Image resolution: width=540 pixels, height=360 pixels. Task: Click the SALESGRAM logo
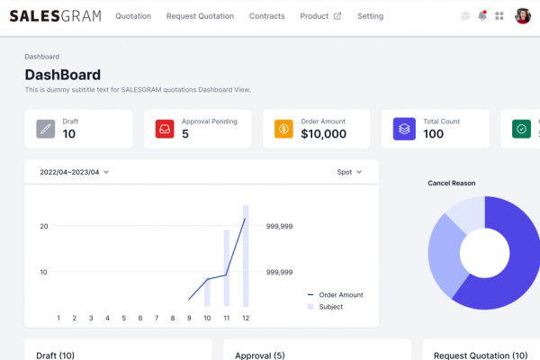click(x=55, y=16)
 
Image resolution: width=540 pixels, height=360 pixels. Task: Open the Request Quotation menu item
click(x=200, y=16)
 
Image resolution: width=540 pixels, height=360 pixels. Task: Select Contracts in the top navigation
click(x=266, y=16)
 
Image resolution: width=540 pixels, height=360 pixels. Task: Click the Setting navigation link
click(x=370, y=16)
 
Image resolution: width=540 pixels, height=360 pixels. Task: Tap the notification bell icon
click(x=482, y=16)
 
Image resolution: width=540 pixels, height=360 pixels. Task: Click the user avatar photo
click(x=522, y=16)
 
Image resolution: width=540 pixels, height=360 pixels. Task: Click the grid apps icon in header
click(x=499, y=16)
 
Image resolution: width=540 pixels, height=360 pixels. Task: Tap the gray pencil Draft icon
click(x=46, y=129)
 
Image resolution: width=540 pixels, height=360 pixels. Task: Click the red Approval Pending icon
click(x=165, y=129)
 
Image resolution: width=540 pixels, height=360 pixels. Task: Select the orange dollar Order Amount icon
click(x=283, y=129)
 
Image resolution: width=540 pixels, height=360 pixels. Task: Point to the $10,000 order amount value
click(x=323, y=134)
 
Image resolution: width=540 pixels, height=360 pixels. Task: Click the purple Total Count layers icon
click(x=403, y=129)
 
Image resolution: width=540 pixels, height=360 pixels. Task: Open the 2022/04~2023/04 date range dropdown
click(x=75, y=172)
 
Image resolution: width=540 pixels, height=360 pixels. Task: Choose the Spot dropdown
click(x=349, y=172)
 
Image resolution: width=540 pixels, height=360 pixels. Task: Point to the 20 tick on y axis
click(x=43, y=226)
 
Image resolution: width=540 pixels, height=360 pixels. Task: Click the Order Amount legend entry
click(x=336, y=294)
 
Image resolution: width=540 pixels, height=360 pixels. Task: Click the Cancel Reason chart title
click(x=451, y=183)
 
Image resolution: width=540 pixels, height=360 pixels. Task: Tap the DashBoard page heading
click(x=62, y=75)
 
